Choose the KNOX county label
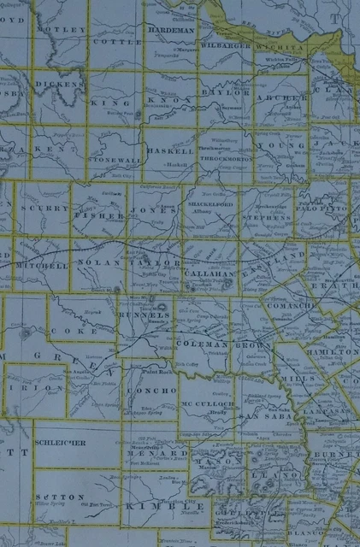coord(162,99)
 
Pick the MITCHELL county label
coord(47,266)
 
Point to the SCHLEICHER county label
coord(61,441)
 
